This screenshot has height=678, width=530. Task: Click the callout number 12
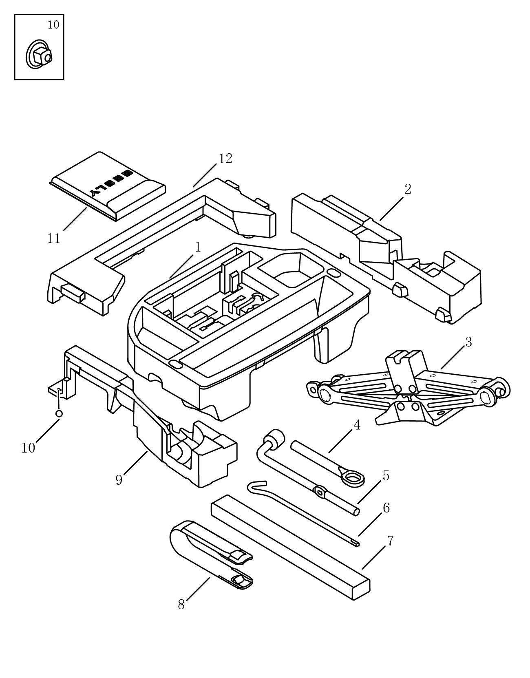(x=225, y=159)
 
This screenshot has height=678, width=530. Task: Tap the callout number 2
(x=408, y=190)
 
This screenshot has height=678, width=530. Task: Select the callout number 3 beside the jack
(x=468, y=342)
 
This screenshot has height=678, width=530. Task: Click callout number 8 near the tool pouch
(x=181, y=605)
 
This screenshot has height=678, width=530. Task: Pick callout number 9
(x=119, y=480)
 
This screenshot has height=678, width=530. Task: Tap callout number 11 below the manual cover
(x=53, y=239)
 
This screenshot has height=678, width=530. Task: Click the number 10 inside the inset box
(x=53, y=25)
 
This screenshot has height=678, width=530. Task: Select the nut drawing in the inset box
(x=39, y=54)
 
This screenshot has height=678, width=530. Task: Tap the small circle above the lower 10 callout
(x=59, y=413)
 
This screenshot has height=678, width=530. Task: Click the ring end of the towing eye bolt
(x=353, y=478)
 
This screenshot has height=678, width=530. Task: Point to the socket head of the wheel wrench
(x=274, y=437)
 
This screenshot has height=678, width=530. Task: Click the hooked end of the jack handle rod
(x=256, y=486)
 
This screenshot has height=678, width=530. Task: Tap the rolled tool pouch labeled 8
(x=211, y=556)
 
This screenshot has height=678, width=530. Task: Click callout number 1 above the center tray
(x=198, y=247)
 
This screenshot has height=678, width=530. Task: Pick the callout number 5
(x=386, y=476)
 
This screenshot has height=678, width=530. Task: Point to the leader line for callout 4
(x=341, y=441)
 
